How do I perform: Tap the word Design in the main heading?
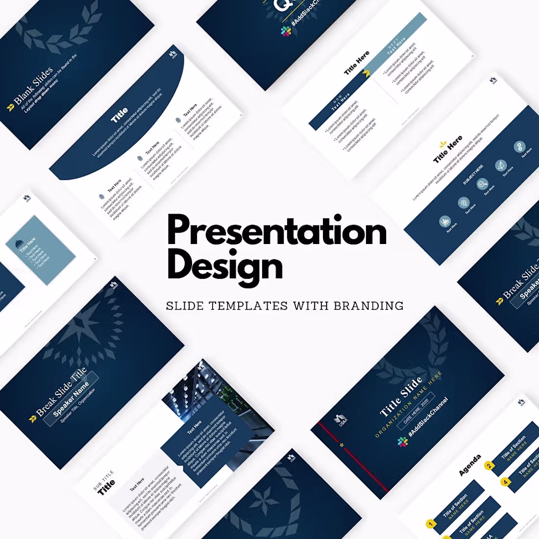coord(225,266)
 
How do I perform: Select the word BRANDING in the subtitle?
coord(368,306)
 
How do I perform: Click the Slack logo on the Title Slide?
coord(403,442)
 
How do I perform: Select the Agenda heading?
coord(470,465)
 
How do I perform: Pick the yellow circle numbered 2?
coord(489,465)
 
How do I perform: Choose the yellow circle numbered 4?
coord(506,482)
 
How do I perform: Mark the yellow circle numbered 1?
coord(431,524)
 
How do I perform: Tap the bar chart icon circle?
coord(445,221)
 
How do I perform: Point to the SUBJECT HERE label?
coord(473,174)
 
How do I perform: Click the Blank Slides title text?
coord(33,87)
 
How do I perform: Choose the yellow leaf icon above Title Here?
coord(443,145)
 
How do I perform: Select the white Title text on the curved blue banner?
coord(120,115)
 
